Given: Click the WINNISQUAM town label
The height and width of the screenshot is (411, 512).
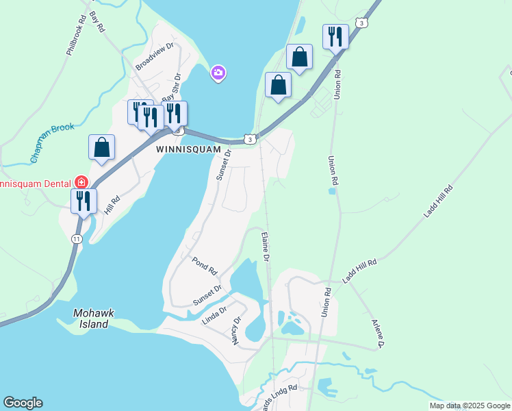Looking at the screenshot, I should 188,149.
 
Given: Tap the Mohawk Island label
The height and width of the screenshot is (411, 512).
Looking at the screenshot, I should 91,319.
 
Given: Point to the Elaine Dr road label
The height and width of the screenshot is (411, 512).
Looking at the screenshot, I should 264,247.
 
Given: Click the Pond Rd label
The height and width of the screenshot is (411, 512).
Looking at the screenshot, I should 204,266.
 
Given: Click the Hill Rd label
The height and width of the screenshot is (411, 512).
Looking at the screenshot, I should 112,204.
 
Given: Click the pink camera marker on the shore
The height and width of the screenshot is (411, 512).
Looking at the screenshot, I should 218,72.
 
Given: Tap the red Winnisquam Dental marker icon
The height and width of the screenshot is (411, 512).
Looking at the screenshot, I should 81,182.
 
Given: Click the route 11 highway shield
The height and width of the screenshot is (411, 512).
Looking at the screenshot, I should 76,238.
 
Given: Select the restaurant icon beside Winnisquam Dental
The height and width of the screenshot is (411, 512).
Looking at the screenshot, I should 84,201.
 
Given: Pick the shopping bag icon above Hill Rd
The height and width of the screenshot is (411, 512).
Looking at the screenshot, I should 101,147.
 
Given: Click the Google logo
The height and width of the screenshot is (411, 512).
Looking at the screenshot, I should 23,403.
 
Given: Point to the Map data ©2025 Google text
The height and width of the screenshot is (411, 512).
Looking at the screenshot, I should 470,406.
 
